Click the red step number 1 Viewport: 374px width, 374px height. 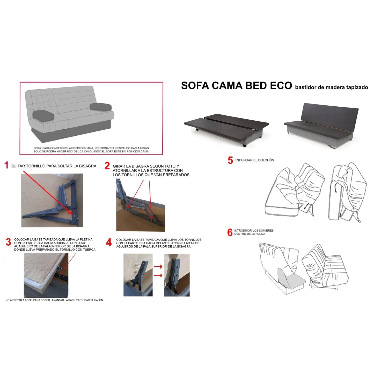pos(6,165)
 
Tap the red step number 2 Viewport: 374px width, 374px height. pos(107,166)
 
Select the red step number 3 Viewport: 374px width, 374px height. pos(9,242)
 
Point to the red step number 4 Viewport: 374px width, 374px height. pos(109,243)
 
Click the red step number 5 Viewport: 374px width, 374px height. pos(230,160)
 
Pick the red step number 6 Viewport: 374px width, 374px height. pos(230,232)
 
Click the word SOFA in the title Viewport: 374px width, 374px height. pos(195,86)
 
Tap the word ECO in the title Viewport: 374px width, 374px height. pos(281,86)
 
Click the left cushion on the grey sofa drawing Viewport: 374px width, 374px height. pos(43,115)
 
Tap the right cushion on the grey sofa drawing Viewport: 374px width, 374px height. pos(100,107)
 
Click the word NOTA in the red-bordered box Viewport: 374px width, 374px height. pos(37,148)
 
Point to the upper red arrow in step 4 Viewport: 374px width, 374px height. pos(158,266)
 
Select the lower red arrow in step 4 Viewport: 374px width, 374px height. pos(158,275)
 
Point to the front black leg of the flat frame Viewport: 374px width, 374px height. pos(245,145)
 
